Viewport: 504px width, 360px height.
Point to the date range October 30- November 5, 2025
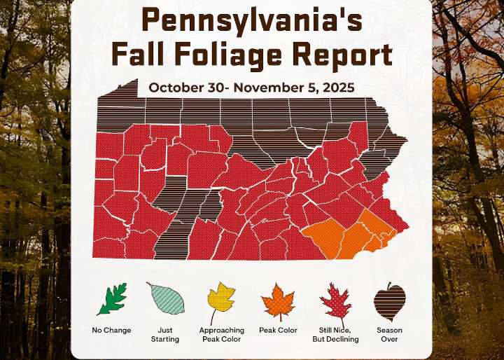click(x=251, y=88)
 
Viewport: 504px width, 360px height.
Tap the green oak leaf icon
click(x=111, y=300)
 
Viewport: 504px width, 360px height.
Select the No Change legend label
click(x=111, y=331)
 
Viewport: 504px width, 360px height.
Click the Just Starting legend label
click(x=165, y=335)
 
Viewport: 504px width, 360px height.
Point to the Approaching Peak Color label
click(x=221, y=335)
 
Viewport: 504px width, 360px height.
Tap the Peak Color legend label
click(x=278, y=331)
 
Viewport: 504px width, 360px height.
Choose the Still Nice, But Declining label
click(x=335, y=335)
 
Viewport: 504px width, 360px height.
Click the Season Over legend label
click(x=389, y=335)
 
